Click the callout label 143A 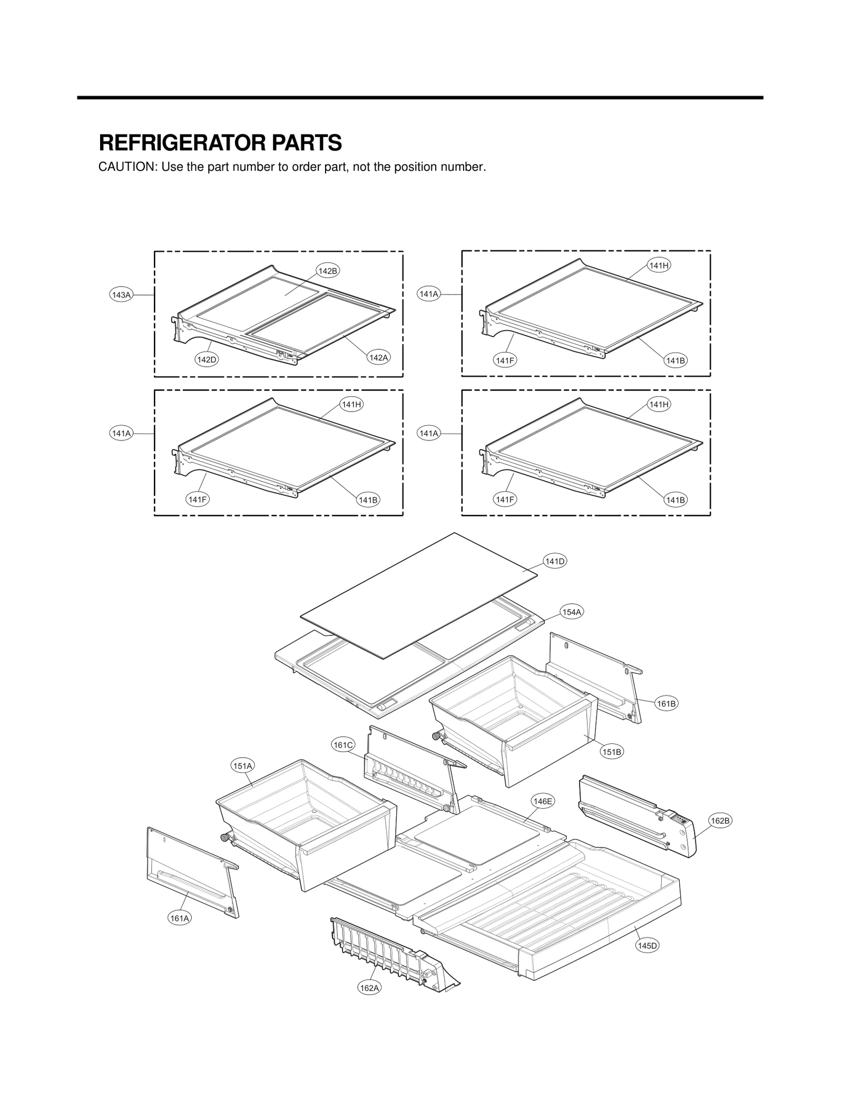click(x=121, y=295)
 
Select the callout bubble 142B click(x=328, y=271)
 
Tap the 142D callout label click(x=207, y=360)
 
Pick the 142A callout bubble click(x=378, y=358)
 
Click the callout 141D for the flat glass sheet click(x=555, y=562)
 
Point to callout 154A click(x=572, y=612)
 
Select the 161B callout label click(x=666, y=703)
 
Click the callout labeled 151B click(x=612, y=752)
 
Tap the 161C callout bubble click(x=343, y=745)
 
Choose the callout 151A click(x=243, y=766)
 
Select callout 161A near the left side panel click(x=180, y=918)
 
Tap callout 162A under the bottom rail click(x=369, y=988)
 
